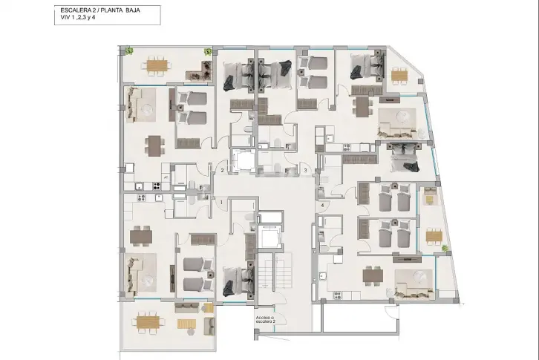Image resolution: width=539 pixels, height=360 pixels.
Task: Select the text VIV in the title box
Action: pyautogui.click(x=65, y=17)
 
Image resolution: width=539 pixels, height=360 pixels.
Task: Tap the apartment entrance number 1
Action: pyautogui.click(x=221, y=202)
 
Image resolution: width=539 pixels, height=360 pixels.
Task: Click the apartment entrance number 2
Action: pyautogui.click(x=223, y=170)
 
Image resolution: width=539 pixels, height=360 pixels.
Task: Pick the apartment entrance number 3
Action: pyautogui.click(x=305, y=170)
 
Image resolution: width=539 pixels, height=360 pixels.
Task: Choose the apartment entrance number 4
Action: pyautogui.click(x=322, y=206)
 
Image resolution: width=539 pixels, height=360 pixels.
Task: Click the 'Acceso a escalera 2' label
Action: pyautogui.click(x=265, y=319)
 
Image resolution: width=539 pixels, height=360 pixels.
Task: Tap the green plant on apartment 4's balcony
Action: pyautogui.click(x=445, y=248)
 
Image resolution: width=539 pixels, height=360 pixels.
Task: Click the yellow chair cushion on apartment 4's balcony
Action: pyautogui.click(x=430, y=199)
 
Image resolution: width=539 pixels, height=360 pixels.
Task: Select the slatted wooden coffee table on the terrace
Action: pyautogui.click(x=186, y=324)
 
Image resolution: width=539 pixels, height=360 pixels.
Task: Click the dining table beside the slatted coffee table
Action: pyautogui.click(x=148, y=322)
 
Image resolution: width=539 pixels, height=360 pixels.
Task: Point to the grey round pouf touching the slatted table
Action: pyautogui.click(x=191, y=332)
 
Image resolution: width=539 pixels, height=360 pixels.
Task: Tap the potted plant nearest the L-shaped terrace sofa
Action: pyautogui.click(x=208, y=51)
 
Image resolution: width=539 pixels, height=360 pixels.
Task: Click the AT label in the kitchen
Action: pyautogui.click(x=166, y=177)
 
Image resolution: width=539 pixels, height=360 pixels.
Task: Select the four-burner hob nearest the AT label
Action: pyautogui.click(x=157, y=186)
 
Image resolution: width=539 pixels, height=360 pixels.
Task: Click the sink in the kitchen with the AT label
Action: pyautogui.click(x=139, y=187)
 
